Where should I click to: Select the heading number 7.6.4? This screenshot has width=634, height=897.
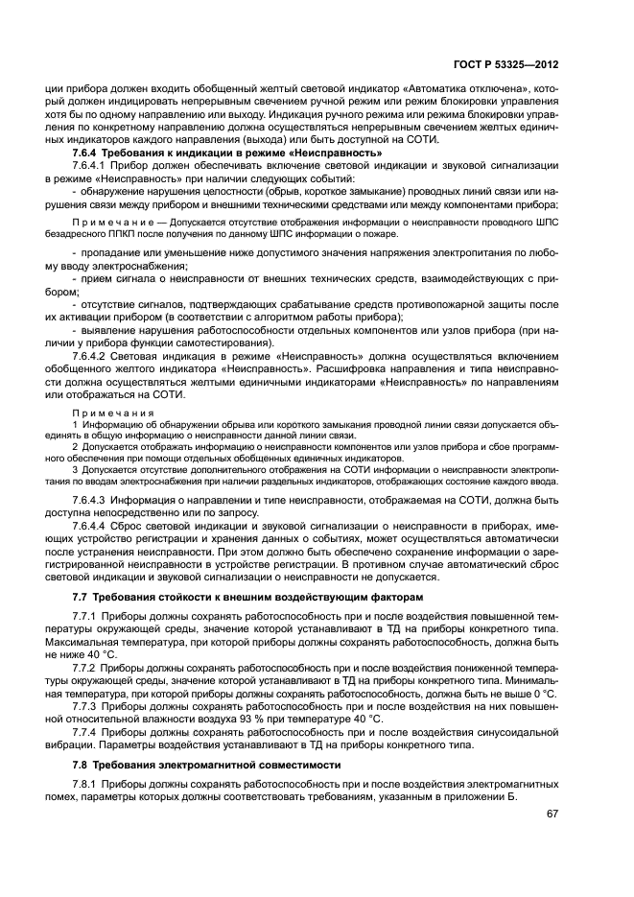(x=85, y=153)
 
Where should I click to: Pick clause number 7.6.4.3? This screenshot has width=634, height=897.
(x=92, y=500)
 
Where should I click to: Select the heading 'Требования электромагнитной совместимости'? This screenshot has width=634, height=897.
(x=219, y=765)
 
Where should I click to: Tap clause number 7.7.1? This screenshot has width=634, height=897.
(x=88, y=615)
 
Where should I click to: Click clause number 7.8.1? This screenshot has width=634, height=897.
(x=88, y=783)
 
